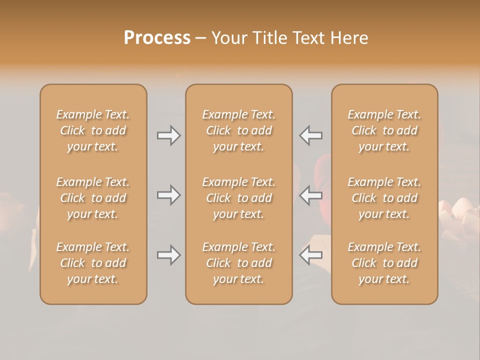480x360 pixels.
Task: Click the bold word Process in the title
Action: [x=157, y=38]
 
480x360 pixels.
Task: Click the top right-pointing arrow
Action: [x=169, y=135]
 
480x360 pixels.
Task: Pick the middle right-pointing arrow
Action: [x=169, y=195]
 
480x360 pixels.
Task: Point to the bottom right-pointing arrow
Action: [x=169, y=255]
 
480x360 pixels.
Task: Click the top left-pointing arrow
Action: [x=310, y=135]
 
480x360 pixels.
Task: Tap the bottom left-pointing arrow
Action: [x=310, y=255]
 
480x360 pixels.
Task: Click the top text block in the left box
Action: [x=93, y=130]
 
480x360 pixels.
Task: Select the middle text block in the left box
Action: [x=93, y=198]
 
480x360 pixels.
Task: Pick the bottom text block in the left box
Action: [x=93, y=263]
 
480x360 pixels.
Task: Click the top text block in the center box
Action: [x=238, y=130]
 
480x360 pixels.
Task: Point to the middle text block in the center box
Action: [x=238, y=198]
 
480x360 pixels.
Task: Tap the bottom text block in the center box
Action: [x=238, y=263]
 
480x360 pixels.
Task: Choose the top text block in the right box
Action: [x=384, y=130]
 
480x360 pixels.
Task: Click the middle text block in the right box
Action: [x=384, y=198]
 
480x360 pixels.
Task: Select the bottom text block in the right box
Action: [x=384, y=263]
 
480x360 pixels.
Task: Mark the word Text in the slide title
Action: [x=308, y=38]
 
